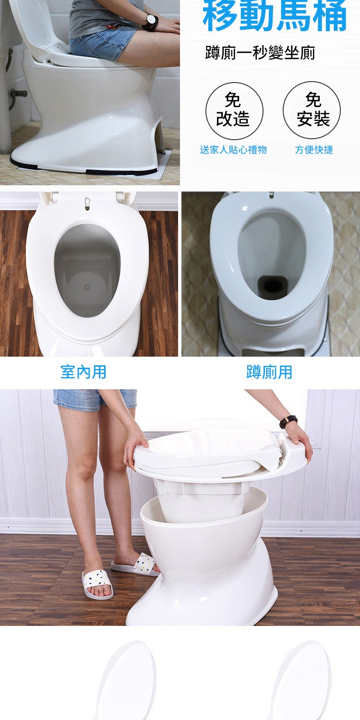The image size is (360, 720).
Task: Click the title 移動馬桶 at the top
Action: (x=275, y=14)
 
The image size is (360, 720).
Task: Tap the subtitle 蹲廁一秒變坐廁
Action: (x=260, y=53)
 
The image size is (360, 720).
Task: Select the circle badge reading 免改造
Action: (x=234, y=110)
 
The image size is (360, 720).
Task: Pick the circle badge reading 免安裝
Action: (x=312, y=110)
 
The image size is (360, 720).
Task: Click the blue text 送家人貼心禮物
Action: (x=233, y=150)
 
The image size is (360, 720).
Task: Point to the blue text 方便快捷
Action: (x=314, y=150)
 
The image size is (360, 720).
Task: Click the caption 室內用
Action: (x=83, y=372)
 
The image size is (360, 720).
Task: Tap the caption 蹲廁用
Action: (x=269, y=372)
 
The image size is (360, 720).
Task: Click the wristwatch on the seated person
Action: (x=150, y=21)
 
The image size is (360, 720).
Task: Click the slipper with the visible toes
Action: (x=97, y=584)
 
